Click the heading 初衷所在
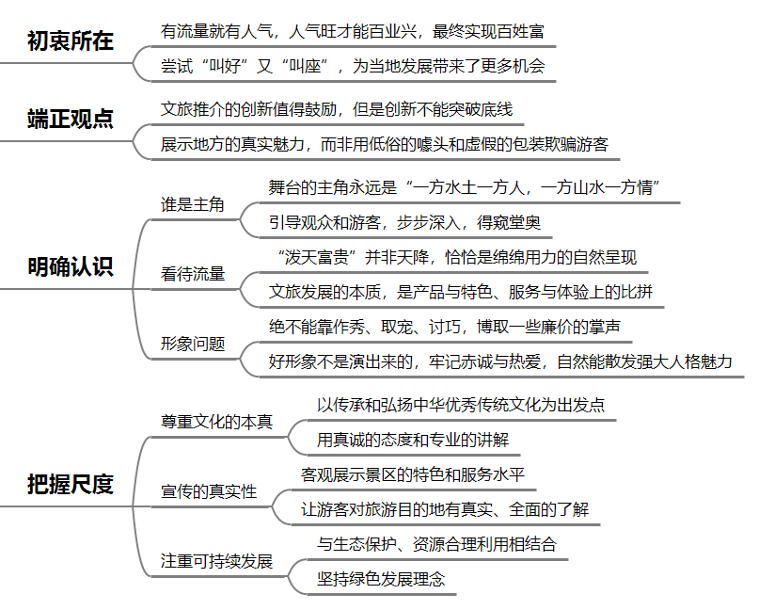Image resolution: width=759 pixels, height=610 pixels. [71, 40]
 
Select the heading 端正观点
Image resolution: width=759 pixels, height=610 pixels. [71, 119]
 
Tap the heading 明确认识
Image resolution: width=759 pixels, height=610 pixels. [71, 266]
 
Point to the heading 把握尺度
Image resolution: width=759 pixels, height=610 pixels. [71, 484]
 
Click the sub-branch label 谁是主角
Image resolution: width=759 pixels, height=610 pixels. [193, 204]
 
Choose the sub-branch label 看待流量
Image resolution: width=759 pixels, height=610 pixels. [193, 274]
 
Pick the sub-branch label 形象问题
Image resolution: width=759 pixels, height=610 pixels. [193, 344]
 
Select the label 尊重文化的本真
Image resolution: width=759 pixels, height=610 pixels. [217, 422]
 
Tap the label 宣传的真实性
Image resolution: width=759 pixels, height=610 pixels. [209, 491]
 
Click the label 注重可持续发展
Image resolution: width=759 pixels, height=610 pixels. [217, 561]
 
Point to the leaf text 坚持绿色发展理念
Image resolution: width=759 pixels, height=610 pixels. [381, 579]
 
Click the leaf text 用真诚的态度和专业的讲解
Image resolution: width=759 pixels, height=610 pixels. [413, 440]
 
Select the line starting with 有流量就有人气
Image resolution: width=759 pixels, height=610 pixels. [353, 31]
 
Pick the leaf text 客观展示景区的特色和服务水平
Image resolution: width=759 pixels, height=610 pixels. [413, 474]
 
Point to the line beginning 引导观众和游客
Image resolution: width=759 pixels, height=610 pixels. [404, 222]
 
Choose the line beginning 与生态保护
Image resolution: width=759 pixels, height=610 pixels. [437, 544]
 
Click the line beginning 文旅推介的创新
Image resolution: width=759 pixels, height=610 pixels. [337, 109]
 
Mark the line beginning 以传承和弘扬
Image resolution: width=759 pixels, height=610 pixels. [461, 405]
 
